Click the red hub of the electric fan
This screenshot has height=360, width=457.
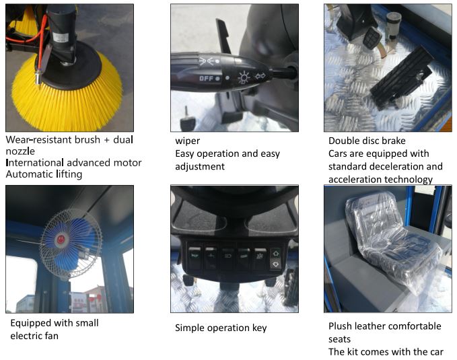[x=61, y=240]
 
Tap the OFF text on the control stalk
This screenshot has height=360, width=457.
[x=206, y=79]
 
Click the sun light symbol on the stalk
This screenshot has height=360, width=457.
[x=244, y=77]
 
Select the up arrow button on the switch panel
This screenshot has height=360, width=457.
[x=275, y=254]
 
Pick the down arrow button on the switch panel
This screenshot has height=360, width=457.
[x=275, y=264]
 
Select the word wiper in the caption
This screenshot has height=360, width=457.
[x=187, y=141]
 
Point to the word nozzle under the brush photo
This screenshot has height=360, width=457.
[x=20, y=151]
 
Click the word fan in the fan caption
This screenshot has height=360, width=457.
[x=51, y=336]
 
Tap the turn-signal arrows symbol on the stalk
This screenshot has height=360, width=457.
[x=260, y=76]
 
